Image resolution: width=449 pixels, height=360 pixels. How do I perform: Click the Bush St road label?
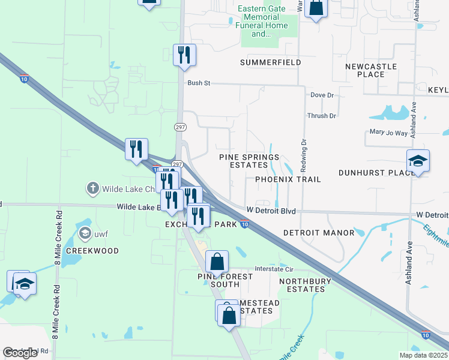click(x=197, y=83)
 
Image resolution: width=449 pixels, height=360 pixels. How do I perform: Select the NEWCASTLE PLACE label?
click(x=370, y=70)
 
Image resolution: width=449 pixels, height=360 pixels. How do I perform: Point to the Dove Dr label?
click(x=322, y=95)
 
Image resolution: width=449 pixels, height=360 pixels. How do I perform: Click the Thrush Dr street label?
click(x=321, y=116)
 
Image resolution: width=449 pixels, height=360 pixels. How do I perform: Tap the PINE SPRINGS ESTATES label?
click(x=249, y=161)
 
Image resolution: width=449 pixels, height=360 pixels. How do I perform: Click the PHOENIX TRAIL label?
click(x=288, y=179)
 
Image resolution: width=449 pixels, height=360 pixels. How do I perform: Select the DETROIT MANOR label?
click(x=310, y=232)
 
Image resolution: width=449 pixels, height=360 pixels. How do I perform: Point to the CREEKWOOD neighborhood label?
click(x=92, y=251)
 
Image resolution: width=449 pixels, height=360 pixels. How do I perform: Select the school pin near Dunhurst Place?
click(x=418, y=161)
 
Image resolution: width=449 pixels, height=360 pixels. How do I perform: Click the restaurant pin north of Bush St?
click(x=184, y=55)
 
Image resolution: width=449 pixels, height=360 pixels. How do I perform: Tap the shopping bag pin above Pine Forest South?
click(x=217, y=262)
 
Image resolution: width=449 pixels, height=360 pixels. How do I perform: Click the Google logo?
click(x=20, y=353)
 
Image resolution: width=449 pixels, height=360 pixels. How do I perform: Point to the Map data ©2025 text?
click(x=423, y=355)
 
